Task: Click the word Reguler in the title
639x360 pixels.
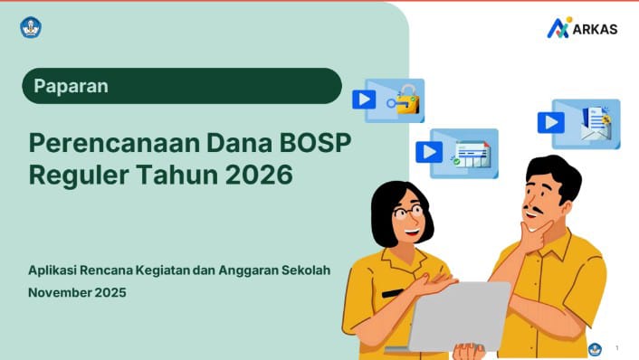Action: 72,174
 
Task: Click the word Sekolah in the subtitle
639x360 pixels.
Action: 308,270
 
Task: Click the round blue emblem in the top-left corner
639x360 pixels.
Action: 32,27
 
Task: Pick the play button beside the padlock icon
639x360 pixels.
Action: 364,99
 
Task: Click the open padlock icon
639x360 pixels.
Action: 404,100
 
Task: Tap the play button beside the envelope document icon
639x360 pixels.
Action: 550,122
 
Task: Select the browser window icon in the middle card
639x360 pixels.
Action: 470,154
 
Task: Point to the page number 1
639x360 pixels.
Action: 616,348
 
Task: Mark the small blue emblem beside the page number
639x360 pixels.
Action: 595,348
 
